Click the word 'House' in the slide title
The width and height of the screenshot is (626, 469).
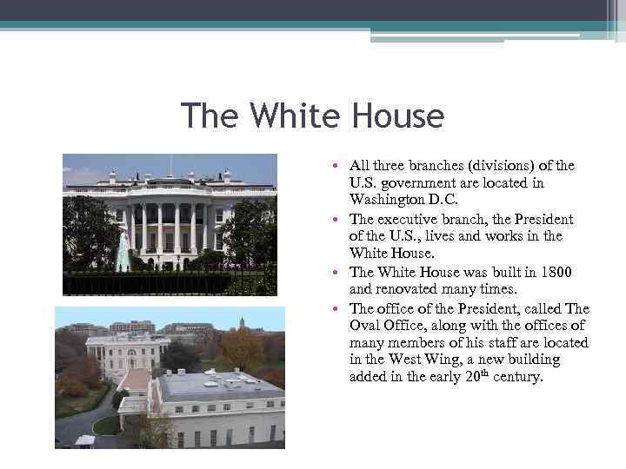coord(398,116)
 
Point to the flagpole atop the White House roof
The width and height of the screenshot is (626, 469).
coord(170,165)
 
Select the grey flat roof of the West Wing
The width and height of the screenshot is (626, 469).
coord(217,384)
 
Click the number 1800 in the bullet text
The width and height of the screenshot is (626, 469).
coord(553,272)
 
